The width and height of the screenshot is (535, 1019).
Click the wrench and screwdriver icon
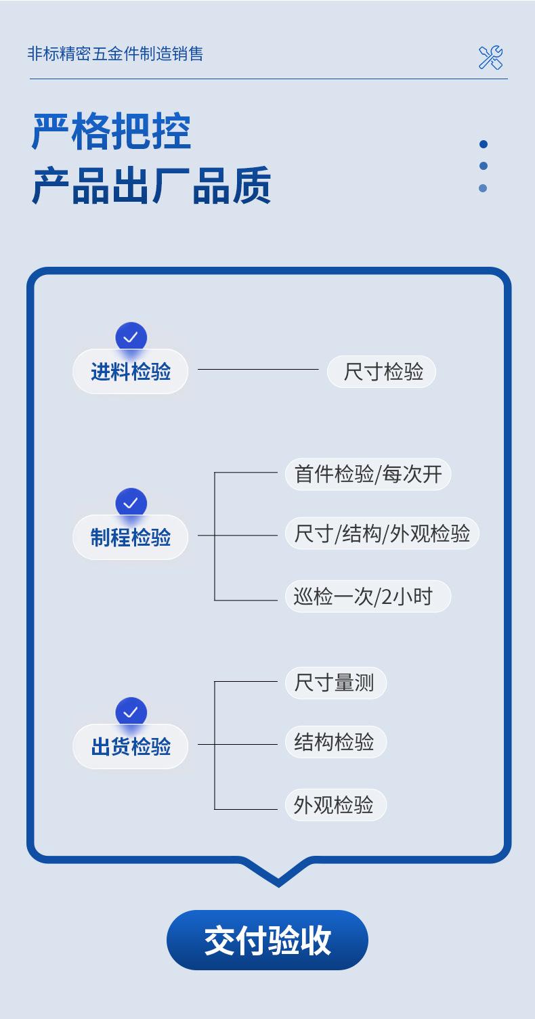(x=490, y=58)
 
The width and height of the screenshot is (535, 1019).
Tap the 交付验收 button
(x=267, y=940)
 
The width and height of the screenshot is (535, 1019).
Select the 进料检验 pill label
(x=130, y=372)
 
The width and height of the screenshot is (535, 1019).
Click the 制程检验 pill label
(x=130, y=538)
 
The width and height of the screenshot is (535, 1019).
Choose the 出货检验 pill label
(x=130, y=747)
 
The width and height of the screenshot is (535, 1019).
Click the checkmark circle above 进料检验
(x=131, y=337)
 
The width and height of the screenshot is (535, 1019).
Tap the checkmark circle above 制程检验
(x=131, y=503)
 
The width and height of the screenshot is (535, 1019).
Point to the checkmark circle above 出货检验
(x=131, y=712)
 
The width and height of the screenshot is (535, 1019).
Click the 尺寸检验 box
(x=381, y=372)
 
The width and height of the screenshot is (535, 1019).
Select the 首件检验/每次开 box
(x=368, y=474)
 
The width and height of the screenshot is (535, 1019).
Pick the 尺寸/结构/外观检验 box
(x=382, y=534)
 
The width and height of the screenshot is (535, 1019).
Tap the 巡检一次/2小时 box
(x=368, y=597)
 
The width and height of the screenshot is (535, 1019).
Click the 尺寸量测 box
(x=335, y=682)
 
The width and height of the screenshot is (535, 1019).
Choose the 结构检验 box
(x=335, y=742)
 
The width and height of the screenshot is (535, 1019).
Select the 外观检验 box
(x=335, y=805)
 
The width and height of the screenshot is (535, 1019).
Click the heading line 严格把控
(x=112, y=131)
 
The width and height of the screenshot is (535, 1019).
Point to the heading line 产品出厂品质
(x=152, y=186)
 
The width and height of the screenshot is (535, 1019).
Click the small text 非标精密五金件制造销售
(x=115, y=54)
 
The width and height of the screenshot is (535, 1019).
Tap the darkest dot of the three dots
(x=483, y=144)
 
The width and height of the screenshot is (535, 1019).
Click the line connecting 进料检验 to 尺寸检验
(x=257, y=369)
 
